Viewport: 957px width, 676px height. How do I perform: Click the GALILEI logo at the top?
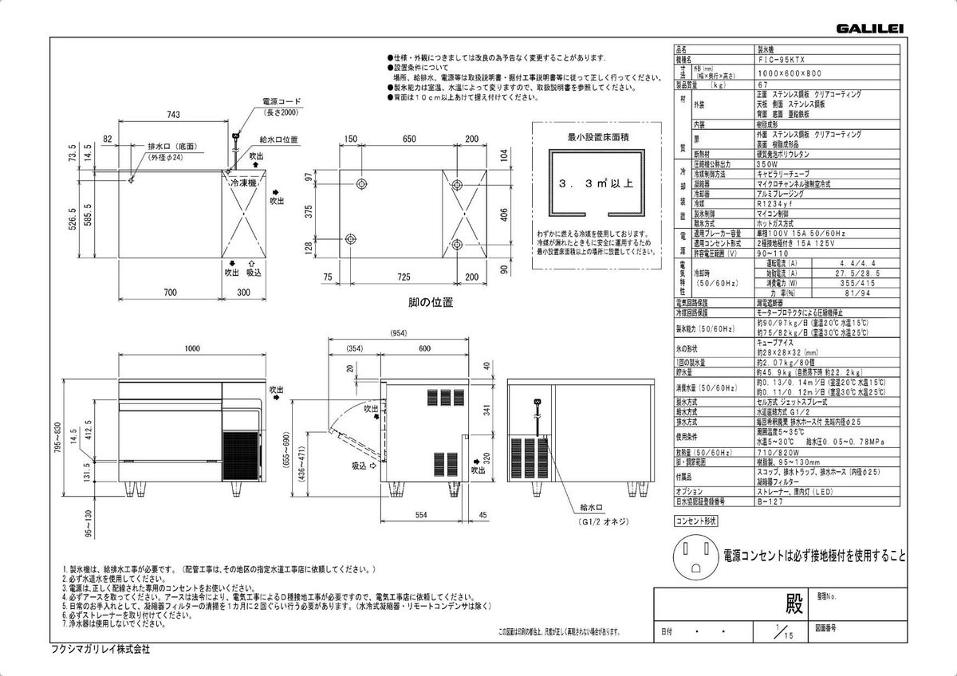tap(869, 29)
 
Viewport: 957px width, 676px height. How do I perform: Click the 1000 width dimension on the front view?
tap(191, 349)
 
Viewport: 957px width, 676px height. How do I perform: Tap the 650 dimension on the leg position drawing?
tap(409, 140)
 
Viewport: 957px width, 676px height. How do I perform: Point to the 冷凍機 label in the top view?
tap(242, 183)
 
